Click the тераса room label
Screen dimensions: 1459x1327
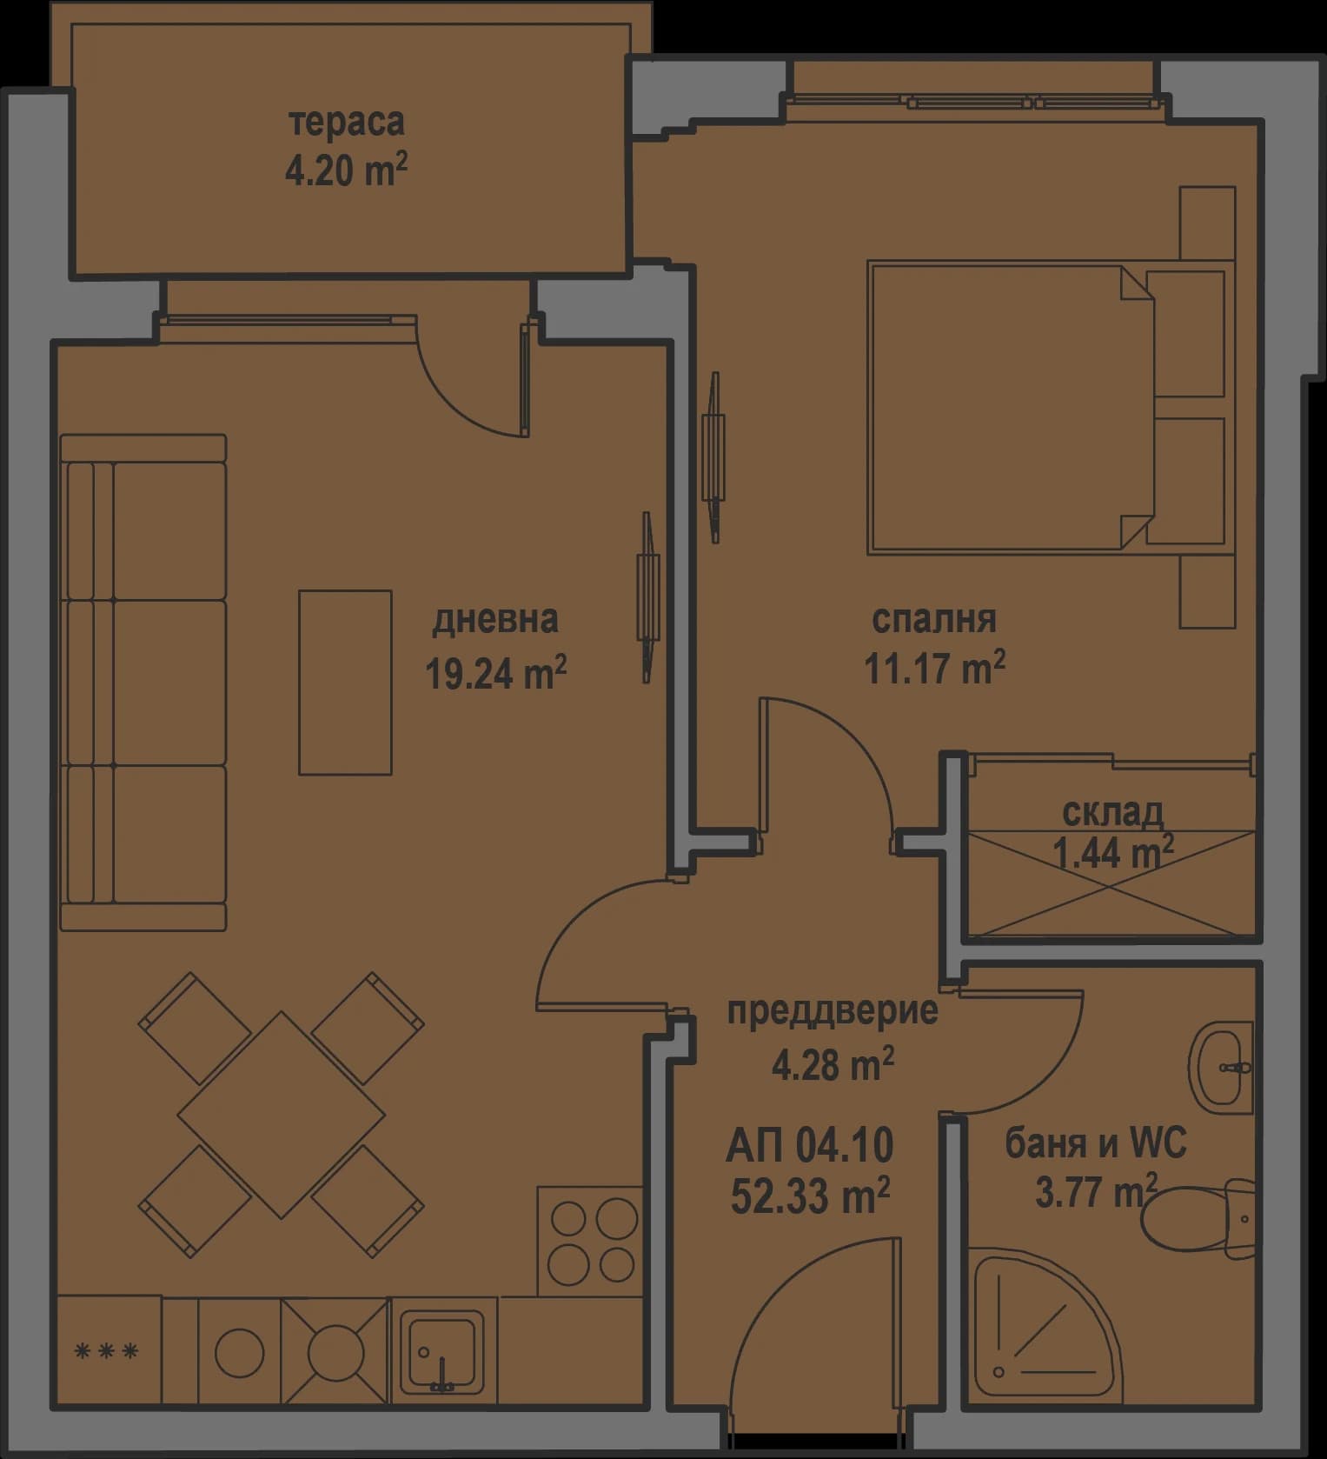pyautogui.click(x=346, y=122)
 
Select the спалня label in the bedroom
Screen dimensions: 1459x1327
pyautogui.click(x=933, y=619)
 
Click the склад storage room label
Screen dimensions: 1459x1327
pyautogui.click(x=1112, y=812)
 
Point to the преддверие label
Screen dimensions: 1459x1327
pyautogui.click(x=832, y=1011)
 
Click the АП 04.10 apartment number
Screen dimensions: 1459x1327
pyautogui.click(x=809, y=1145)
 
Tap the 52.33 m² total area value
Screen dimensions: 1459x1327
pyautogui.click(x=809, y=1197)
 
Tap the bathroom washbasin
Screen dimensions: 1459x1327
pyautogui.click(x=1222, y=1067)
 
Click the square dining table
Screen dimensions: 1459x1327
pyautogui.click(x=282, y=1114)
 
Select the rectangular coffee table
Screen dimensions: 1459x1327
pyautogui.click(x=345, y=682)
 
